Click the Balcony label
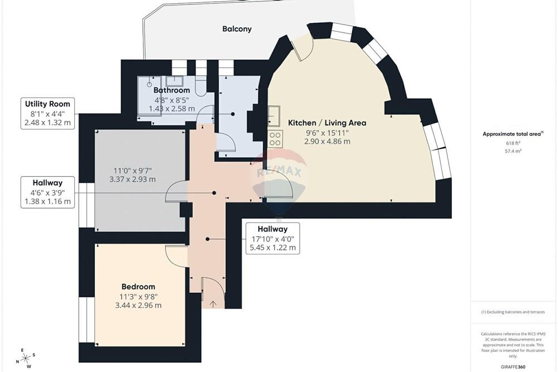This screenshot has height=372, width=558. point(237,29)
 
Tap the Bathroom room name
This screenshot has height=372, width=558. point(171,90)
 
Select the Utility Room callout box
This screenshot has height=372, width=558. point(47,113)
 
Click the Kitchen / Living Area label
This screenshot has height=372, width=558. point(327,123)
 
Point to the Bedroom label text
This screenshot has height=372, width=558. point(138,287)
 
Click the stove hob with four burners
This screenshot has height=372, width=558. point(275,139)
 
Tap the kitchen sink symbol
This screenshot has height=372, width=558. point(273,116)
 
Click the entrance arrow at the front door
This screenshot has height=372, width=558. point(213,304)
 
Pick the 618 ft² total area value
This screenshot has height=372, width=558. point(513,143)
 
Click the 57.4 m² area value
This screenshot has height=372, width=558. point(513,151)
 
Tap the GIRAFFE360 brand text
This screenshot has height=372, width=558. point(513,366)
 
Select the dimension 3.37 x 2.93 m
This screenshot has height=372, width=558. point(132,179)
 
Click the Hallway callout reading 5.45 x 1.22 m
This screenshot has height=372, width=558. point(273,238)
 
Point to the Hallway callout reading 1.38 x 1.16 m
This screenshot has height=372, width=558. point(47,192)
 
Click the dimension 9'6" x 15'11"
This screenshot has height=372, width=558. point(327,133)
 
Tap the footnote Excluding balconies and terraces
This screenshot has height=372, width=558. point(513,312)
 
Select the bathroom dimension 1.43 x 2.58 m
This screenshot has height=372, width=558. point(171,109)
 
